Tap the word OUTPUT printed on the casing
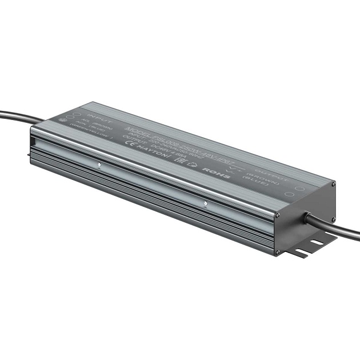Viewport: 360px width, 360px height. coord(268,171)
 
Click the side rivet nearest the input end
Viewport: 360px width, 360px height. coord(99,166)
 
